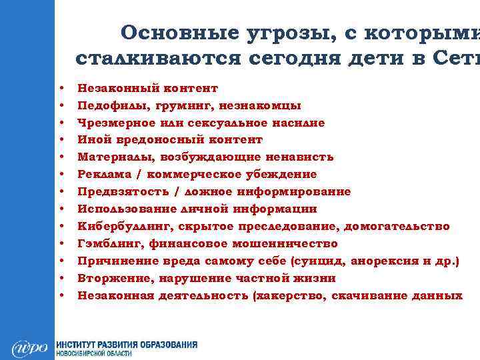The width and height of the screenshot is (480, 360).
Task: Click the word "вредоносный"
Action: pyautogui.click(x=152, y=140)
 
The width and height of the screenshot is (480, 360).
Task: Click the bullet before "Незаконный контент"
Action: pyautogui.click(x=61, y=88)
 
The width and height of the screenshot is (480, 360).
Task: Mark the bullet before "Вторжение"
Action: pyautogui.click(x=61, y=278)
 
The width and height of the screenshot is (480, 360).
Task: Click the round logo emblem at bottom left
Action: pyautogui.click(x=30, y=348)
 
